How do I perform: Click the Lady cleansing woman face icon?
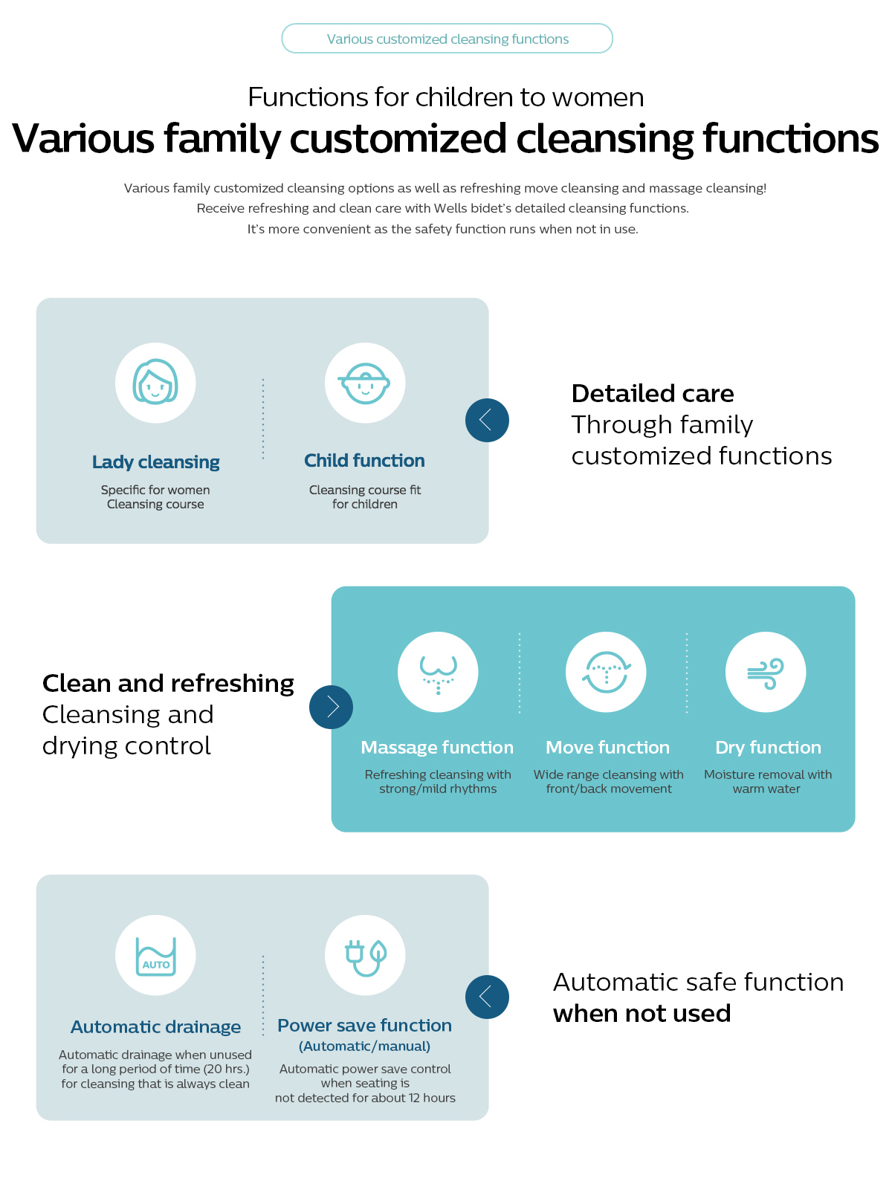tap(155, 383)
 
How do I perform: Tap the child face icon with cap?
tap(365, 383)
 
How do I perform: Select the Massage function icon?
tap(438, 672)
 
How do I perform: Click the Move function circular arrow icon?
tap(607, 672)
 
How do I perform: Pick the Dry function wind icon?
tap(766, 672)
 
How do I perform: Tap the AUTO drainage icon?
tap(155, 955)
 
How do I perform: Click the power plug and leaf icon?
tap(365, 955)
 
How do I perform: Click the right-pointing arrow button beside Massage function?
tap(332, 707)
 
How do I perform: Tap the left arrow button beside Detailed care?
tap(487, 420)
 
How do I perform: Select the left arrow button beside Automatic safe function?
tap(487, 997)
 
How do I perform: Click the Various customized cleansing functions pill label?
tap(447, 39)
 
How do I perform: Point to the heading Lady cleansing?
tap(156, 462)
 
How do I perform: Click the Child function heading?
tap(364, 461)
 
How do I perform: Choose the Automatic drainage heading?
tap(156, 1027)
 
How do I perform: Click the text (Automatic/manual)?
tap(364, 1046)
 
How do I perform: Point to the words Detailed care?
tap(653, 393)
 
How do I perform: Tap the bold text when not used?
tap(642, 1014)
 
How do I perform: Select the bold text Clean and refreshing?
tap(169, 683)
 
